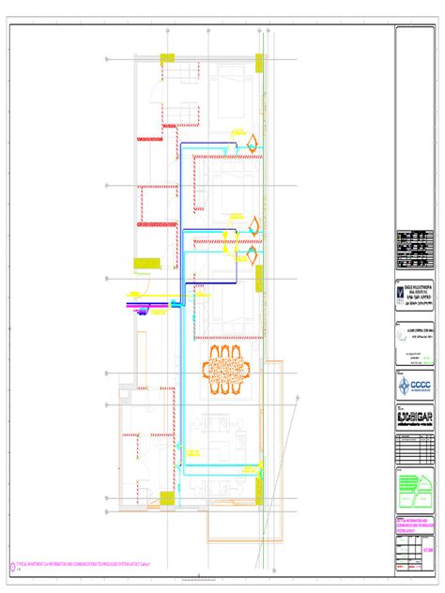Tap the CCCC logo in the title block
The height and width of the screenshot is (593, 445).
point(416,388)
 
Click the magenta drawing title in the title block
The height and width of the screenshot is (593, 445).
point(416,523)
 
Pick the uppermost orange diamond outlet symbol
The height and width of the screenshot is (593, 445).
point(253,142)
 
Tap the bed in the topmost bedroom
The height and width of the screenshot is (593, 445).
point(229,98)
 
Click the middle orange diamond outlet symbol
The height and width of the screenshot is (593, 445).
point(253,224)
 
